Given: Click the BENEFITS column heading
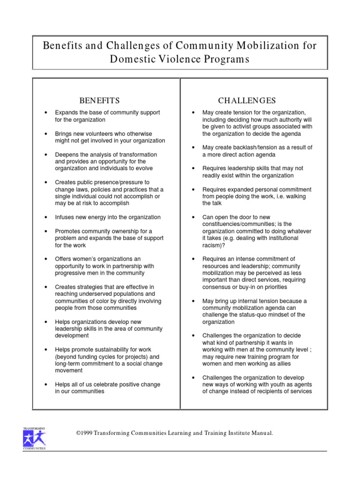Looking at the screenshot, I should tap(99, 101).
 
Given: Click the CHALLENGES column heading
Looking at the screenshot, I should tap(247, 101).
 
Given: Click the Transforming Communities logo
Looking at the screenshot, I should tap(34, 438).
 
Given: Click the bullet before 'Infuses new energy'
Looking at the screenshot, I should tap(45, 217).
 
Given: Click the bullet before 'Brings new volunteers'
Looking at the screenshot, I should tap(45, 134).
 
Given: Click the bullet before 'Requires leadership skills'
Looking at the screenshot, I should tap(193, 169).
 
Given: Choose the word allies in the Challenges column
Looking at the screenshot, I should tap(281, 364).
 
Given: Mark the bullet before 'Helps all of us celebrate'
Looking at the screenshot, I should tap(45, 384).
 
